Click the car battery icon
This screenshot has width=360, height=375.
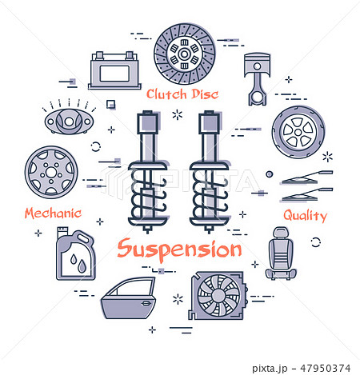tap(114, 70)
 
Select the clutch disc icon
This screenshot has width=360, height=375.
tap(184, 54)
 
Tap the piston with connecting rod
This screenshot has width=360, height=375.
tap(257, 79)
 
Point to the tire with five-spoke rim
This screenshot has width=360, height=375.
tap(298, 132)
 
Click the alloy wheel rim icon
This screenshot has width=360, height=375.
tap(51, 172)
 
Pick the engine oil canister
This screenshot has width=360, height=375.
tap(75, 253)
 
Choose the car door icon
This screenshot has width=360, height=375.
tap(129, 298)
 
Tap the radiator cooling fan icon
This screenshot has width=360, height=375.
tap(218, 296)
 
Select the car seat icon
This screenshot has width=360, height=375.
tap(281, 253)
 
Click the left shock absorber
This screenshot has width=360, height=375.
tap(147, 172)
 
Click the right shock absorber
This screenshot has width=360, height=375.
tap(209, 172)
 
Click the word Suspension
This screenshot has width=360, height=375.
tap(179, 249)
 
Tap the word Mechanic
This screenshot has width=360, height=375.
tap(53, 213)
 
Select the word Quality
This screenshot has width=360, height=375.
tap(305, 215)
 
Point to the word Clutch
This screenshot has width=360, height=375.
tap(166, 94)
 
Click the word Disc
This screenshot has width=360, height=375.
tap(205, 94)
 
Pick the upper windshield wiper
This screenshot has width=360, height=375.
tap(307, 178)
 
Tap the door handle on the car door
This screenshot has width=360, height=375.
tap(146, 303)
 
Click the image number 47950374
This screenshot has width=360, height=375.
tap(326, 369)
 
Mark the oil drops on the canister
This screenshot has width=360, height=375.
tap(78, 262)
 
